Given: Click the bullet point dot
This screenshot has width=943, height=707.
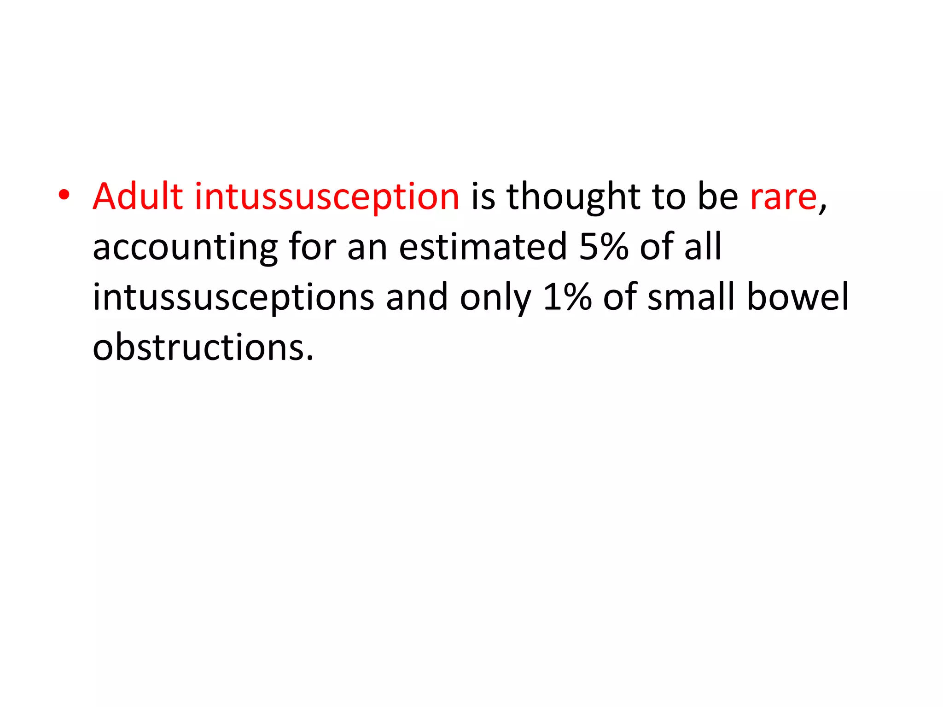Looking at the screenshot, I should click(x=64, y=196).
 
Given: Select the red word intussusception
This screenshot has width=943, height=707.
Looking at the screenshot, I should click(x=327, y=197).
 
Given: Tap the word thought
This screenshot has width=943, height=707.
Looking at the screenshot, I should click(x=573, y=197).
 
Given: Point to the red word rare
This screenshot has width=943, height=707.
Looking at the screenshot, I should click(x=783, y=197).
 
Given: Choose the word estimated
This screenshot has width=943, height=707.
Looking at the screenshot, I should click(x=483, y=247).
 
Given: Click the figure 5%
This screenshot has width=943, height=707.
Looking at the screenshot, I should click(x=604, y=247).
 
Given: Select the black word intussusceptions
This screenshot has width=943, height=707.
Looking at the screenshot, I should click(x=233, y=298).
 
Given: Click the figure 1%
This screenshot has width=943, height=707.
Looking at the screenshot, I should click(x=567, y=297).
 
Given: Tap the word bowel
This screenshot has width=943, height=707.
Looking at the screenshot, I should click(x=798, y=297).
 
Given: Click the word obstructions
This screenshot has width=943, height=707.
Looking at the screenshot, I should click(x=203, y=348).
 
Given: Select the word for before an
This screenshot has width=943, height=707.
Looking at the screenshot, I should click(x=313, y=247).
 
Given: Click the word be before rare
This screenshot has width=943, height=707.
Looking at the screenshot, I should click(x=718, y=197).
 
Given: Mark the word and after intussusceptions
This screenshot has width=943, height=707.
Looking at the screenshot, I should click(x=417, y=297).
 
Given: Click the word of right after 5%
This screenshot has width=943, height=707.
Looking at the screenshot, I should click(x=657, y=247).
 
